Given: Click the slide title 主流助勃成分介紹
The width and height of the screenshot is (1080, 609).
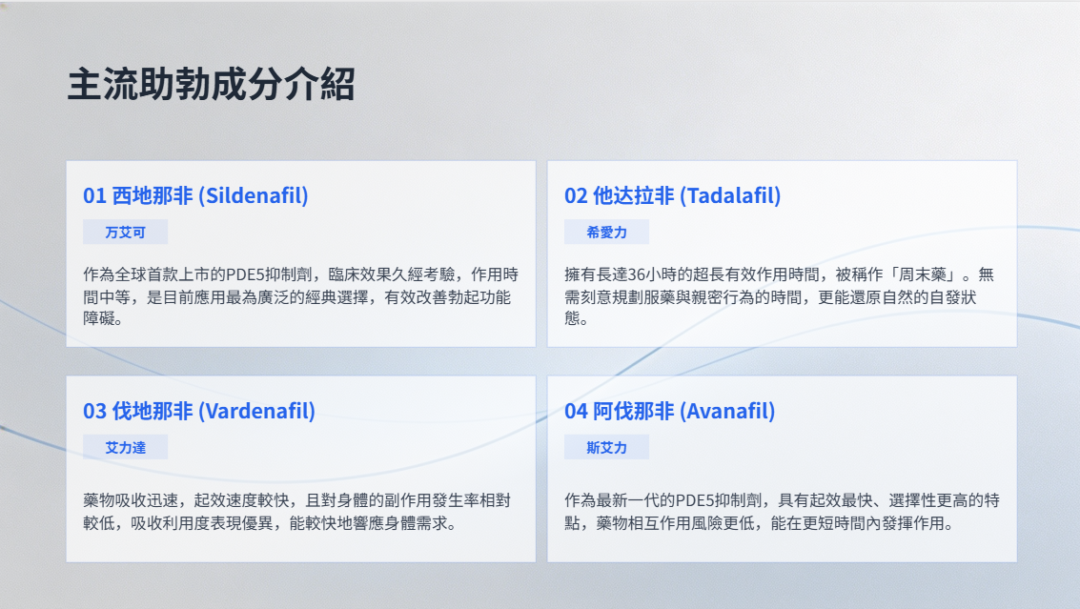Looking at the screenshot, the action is [x=212, y=84].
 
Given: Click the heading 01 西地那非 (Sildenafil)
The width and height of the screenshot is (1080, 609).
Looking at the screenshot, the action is [x=195, y=195].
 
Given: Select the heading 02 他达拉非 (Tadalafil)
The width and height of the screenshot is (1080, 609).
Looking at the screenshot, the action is [x=673, y=195].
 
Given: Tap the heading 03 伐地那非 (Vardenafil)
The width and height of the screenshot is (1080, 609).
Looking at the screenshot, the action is [x=199, y=412].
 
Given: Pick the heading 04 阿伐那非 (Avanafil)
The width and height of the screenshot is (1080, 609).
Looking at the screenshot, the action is [x=670, y=412].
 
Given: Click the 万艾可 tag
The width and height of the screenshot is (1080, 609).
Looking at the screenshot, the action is [x=126, y=233].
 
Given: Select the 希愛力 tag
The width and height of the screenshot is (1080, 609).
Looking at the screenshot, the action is [x=607, y=233].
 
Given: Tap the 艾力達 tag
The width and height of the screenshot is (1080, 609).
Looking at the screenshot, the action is [x=126, y=448].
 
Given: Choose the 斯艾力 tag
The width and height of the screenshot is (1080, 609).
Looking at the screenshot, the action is [x=607, y=448].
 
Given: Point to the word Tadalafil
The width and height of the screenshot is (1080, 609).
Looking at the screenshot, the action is [x=731, y=195].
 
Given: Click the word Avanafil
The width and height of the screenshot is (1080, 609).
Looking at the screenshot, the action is [x=727, y=412].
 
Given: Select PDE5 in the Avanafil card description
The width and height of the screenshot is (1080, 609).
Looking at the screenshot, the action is [x=696, y=501].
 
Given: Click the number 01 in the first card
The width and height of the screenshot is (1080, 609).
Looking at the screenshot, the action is [x=94, y=196].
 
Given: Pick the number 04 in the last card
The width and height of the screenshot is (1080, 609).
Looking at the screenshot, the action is [x=576, y=412].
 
